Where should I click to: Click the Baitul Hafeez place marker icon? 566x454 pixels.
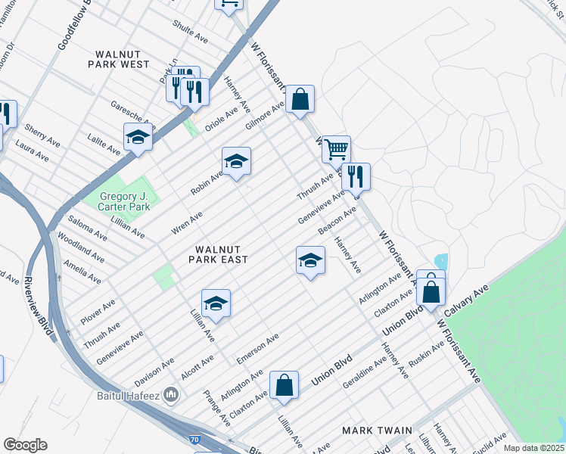click(172, 394)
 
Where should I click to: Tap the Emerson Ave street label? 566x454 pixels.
click(259, 347)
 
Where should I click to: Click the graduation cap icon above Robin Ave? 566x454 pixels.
click(236, 161)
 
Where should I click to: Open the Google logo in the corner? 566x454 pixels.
click(25, 445)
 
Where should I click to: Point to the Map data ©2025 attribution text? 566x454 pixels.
click(533, 448)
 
